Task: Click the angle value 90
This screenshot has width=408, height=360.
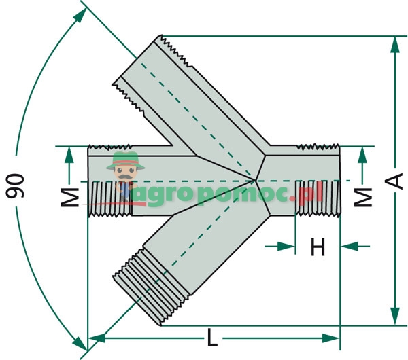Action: (x=18, y=185)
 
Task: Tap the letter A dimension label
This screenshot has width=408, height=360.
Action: (x=392, y=181)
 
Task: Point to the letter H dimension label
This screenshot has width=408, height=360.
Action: (x=318, y=248)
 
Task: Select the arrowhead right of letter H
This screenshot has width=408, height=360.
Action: (x=347, y=247)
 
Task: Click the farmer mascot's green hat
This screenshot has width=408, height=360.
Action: (x=124, y=160)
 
